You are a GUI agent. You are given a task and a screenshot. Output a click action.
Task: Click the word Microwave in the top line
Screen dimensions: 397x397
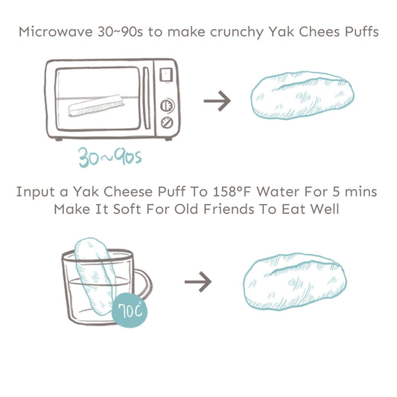pos(51,32)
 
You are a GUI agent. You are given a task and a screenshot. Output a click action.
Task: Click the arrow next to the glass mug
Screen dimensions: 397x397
pos(197,282)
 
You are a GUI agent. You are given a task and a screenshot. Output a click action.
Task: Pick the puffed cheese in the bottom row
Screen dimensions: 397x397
pos(296,282)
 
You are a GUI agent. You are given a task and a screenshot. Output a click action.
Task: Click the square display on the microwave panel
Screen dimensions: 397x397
pos(167,75)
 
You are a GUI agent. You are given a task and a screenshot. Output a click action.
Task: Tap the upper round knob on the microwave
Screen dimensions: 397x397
pos(167,104)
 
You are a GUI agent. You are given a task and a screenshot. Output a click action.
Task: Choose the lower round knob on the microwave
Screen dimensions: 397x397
pos(167,122)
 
